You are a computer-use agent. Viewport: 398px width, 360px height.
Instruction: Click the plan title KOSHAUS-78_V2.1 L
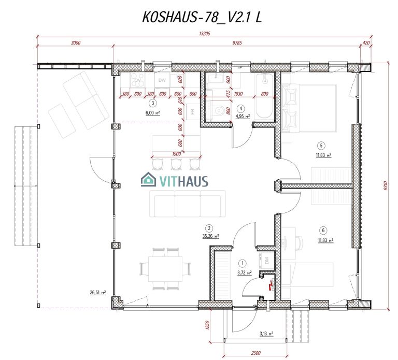point(202,17)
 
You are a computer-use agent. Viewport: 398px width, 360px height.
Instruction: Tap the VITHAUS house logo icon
point(149,180)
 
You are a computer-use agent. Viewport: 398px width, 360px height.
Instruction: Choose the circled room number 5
point(322,146)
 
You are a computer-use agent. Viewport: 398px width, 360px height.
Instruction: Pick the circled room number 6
point(324,231)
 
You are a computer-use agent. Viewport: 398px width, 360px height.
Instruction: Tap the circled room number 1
point(240,263)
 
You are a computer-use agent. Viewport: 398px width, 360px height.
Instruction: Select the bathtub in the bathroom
point(264,98)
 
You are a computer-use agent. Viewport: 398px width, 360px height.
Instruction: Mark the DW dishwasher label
point(162,80)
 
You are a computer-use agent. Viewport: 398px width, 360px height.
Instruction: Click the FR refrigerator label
point(192,111)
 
